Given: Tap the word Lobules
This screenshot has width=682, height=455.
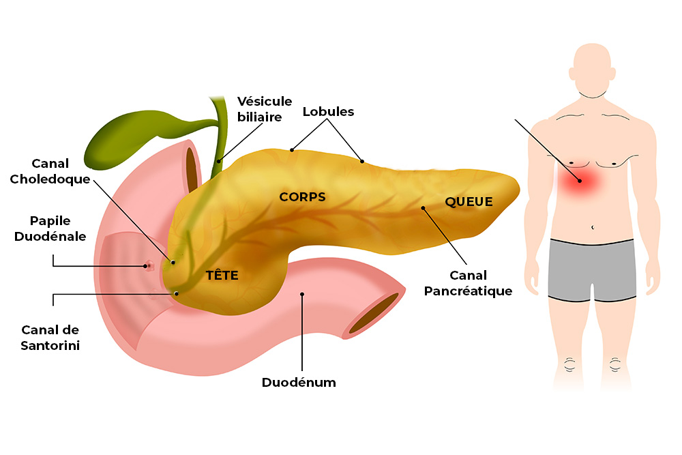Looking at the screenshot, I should tap(328, 111).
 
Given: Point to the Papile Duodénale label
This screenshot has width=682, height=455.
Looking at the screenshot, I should tap(59, 229).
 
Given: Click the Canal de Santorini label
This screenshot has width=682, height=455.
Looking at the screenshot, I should tap(50, 338).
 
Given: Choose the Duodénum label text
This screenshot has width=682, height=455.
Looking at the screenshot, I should tap(299, 382).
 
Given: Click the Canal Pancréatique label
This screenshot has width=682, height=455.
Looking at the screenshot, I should tap(468, 283).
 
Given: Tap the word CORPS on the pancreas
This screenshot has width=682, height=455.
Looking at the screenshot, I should tap(302, 197).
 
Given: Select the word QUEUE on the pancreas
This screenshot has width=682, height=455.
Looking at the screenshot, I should tap(469, 201).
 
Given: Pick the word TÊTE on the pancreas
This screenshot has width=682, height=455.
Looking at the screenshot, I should tap(222, 276).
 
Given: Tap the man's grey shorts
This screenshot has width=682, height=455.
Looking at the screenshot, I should tap(592, 269).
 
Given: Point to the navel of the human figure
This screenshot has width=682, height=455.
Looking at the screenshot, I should tap(593, 226).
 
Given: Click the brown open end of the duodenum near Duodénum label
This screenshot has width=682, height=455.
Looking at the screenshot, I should tap(374, 313).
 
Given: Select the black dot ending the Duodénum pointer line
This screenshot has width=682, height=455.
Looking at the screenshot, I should tap(302, 295).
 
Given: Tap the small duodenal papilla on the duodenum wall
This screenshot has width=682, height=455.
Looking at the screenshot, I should tap(148, 266).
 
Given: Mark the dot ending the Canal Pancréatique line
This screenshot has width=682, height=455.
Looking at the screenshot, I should tap(423, 208).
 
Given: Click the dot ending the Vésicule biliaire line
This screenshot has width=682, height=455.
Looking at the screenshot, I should tap(219, 161).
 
